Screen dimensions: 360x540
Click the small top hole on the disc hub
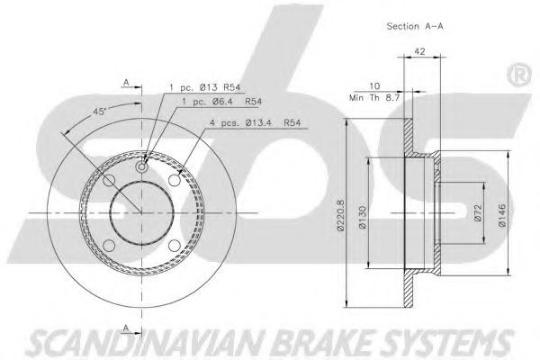click(x=143, y=167)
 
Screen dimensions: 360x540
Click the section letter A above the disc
click(x=127, y=82)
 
